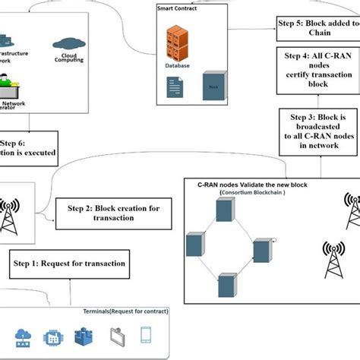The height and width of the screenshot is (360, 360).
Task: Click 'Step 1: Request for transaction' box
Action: [x=68, y=264]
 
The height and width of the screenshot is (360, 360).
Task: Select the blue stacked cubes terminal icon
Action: [x=82, y=335]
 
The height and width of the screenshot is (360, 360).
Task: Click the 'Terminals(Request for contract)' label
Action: [x=126, y=312]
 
